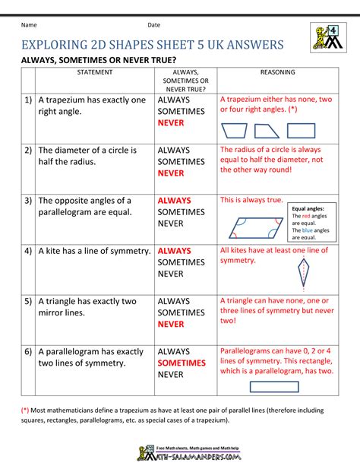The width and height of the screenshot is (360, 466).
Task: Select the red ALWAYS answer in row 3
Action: click(174, 201)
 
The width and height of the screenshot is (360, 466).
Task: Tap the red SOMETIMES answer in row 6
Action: click(182, 364)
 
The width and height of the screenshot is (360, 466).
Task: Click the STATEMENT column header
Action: click(94, 72)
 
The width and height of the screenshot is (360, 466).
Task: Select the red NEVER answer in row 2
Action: click(171, 173)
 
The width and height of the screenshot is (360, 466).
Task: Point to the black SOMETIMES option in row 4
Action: click(182, 262)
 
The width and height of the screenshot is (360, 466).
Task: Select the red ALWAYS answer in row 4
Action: click(174, 250)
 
